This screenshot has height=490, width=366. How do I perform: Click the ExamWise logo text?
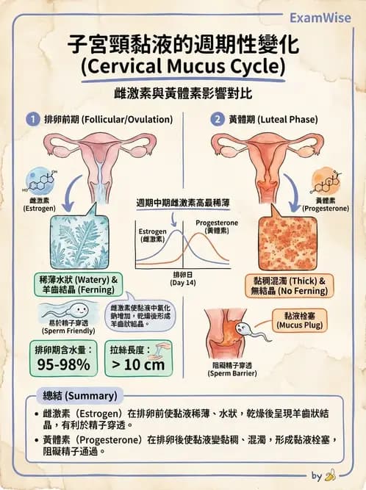click(320, 18)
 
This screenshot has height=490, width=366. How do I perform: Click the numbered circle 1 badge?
click(33, 119)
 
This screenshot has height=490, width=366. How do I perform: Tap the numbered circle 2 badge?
click(218, 119)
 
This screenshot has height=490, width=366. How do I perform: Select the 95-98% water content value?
click(63, 364)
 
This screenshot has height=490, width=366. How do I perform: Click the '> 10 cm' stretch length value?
click(138, 364)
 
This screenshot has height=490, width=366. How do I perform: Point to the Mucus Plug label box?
click(299, 320)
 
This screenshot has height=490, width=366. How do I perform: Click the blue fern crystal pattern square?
click(79, 242)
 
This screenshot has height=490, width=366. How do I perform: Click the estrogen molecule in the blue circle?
click(40, 182)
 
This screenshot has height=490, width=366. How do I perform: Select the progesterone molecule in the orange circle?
click(326, 182)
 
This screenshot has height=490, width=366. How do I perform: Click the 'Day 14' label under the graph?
click(183, 283)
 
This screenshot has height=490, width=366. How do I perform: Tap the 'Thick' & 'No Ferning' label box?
click(289, 286)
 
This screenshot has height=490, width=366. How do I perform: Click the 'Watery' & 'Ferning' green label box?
click(78, 284)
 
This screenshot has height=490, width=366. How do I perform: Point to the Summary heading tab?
click(80, 396)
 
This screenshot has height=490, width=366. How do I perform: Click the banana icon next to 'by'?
click(330, 475)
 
